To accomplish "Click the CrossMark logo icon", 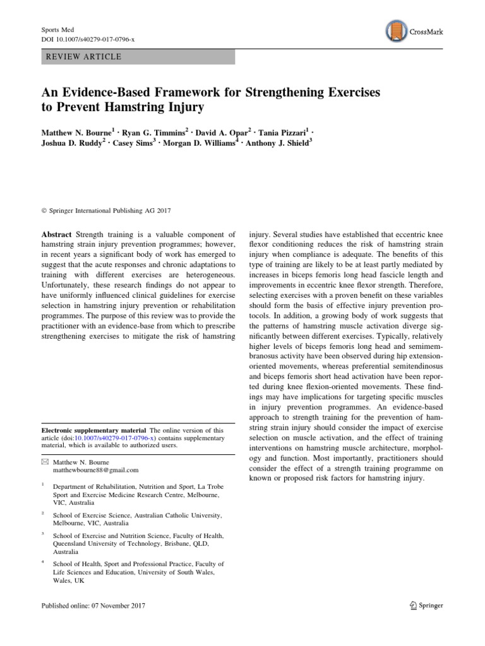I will click(x=395, y=31).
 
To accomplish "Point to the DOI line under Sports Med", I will click(x=88, y=39).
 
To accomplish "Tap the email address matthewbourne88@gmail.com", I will click(x=95, y=469).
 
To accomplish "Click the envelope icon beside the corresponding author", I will click(x=44, y=461).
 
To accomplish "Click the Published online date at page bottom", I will click(x=93, y=606).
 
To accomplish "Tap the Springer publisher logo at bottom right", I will click(x=422, y=606).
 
